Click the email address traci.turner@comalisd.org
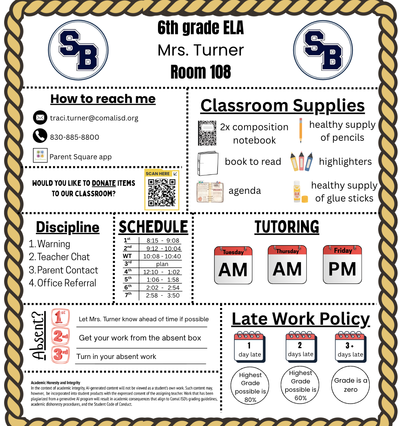point(94,118)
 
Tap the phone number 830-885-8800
point(74,137)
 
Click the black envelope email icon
point(40,118)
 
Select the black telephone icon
point(40,136)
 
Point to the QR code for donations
point(161,192)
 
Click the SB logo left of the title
point(78,50)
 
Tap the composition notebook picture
point(207,133)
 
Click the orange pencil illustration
point(300,130)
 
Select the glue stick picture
point(297,191)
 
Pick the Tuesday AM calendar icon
point(233,265)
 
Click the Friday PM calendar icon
point(342,264)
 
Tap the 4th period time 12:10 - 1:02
point(161,272)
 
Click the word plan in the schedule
point(162,264)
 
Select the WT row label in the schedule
point(127,256)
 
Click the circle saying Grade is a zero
point(351,385)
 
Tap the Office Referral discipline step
point(63,283)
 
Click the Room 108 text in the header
point(201,72)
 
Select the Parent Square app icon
point(40,155)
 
